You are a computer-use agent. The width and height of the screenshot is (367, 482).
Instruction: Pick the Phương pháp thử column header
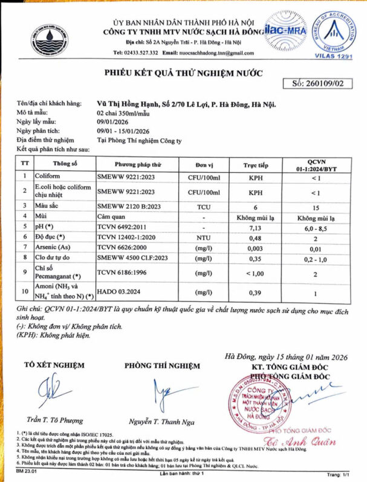tap(140, 164)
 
